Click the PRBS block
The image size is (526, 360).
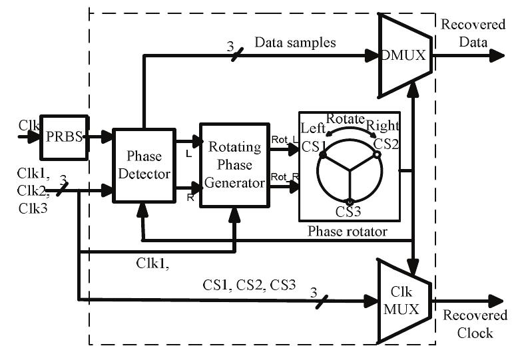click(x=63, y=136)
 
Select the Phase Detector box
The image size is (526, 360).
click(x=143, y=165)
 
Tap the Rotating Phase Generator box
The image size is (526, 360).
click(x=235, y=164)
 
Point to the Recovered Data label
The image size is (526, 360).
click(x=473, y=33)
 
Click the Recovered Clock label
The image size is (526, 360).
click(x=475, y=324)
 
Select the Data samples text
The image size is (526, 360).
click(x=295, y=42)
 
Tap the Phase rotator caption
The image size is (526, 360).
click(x=347, y=231)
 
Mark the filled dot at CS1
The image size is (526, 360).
click(x=322, y=154)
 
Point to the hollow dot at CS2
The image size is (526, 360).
click(x=377, y=154)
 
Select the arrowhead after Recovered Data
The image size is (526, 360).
click(x=496, y=56)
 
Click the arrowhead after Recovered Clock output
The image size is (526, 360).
click(x=496, y=301)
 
